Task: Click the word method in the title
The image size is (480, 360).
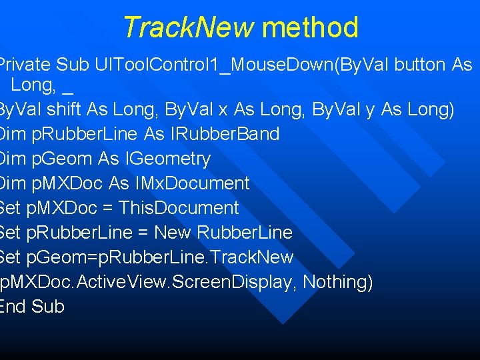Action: [x=310, y=28]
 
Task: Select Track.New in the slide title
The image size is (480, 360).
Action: [x=189, y=28]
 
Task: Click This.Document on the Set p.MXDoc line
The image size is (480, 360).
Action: [x=178, y=208]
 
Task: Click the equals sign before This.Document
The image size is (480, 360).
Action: [x=107, y=208]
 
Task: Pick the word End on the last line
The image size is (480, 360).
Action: [x=13, y=307]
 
